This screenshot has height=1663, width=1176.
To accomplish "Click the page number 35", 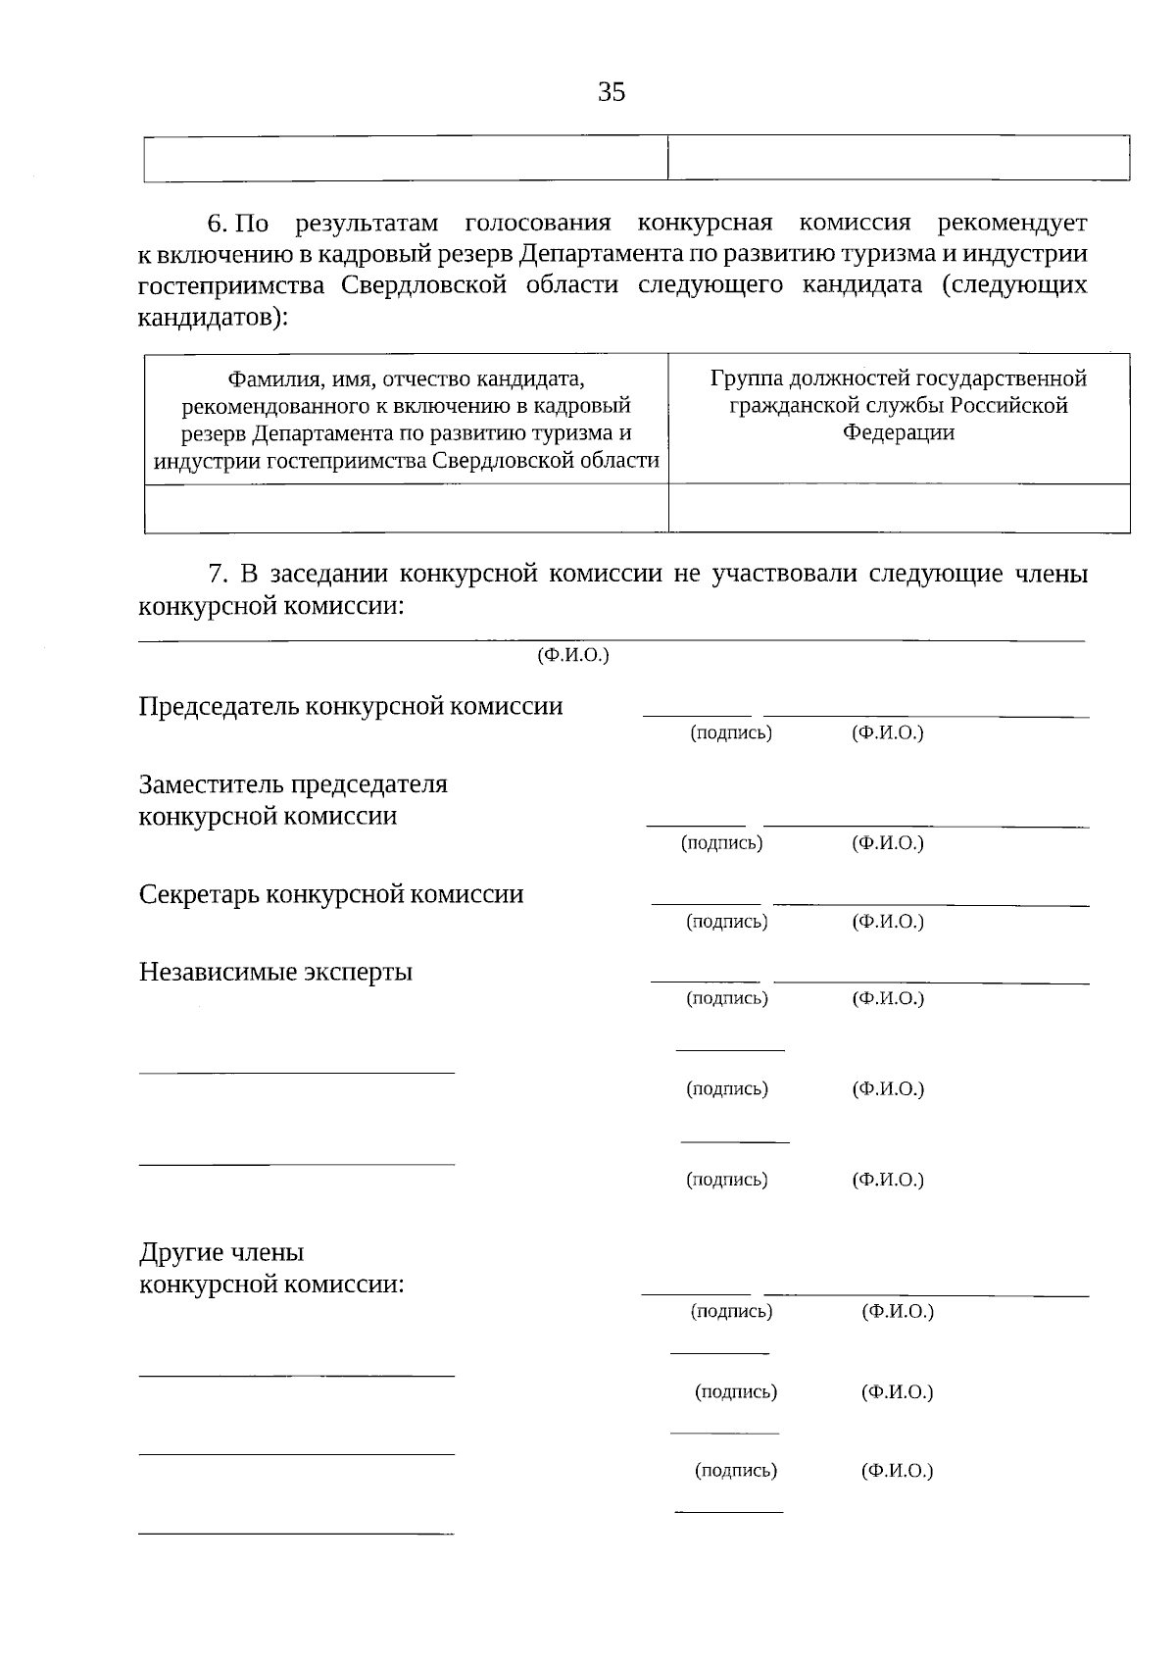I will (x=612, y=92).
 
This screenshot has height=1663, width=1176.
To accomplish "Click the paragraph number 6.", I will (x=216, y=224).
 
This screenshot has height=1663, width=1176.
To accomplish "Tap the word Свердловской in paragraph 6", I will (x=424, y=285).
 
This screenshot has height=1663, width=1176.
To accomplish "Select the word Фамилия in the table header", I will (x=272, y=378).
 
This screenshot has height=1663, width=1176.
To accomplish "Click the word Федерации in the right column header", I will (x=899, y=432).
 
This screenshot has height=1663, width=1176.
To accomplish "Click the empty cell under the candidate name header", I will (x=406, y=509).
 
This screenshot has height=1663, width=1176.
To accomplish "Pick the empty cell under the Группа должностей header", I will (x=899, y=509).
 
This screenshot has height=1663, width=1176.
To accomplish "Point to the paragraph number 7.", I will (x=218, y=574).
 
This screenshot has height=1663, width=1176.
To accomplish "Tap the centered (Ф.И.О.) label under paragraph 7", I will (x=573, y=655).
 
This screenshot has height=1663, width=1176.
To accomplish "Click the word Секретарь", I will (x=199, y=894).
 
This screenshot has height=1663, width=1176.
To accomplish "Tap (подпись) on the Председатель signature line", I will (x=731, y=732).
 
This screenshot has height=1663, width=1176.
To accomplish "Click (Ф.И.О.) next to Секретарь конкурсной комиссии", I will (x=888, y=921).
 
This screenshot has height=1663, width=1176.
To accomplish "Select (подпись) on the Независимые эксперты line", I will (x=727, y=998).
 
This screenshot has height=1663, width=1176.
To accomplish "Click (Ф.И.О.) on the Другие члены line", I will (x=898, y=1311).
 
